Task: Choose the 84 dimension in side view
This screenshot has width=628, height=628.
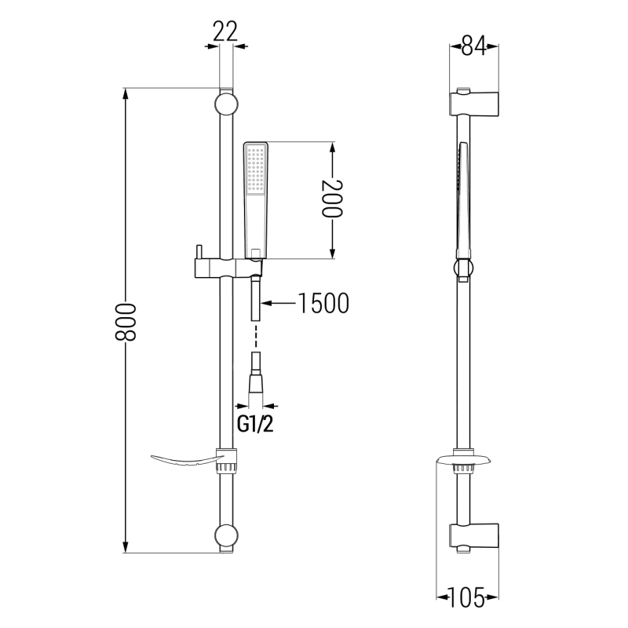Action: tap(471, 46)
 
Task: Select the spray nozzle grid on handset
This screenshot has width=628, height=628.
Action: tap(256, 170)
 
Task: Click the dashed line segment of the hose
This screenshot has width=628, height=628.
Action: tap(256, 338)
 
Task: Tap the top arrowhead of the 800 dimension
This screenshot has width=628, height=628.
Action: tap(126, 93)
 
